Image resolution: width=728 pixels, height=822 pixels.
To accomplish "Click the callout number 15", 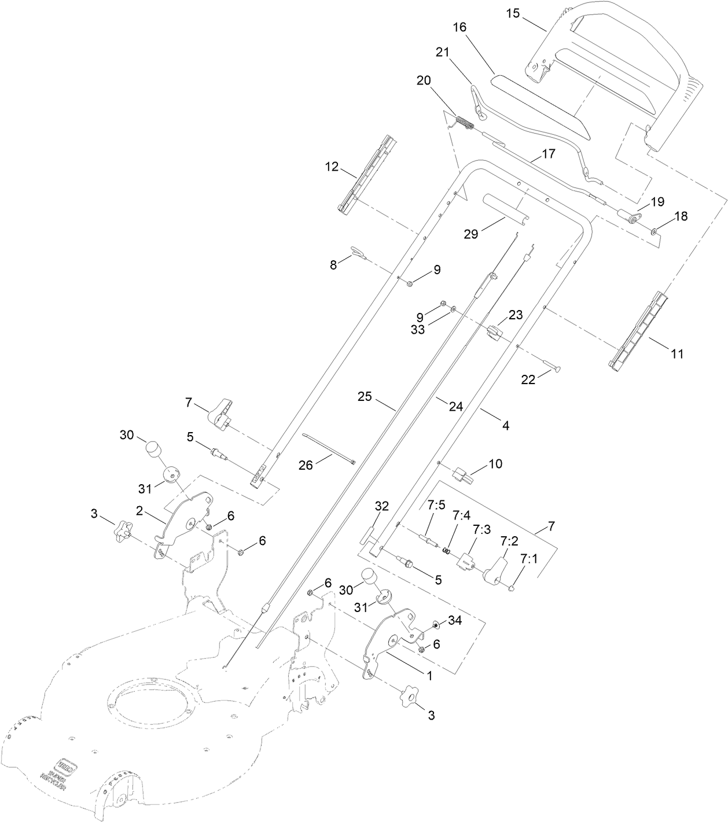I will click(x=513, y=13).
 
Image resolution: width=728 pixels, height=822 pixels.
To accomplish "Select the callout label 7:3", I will click(x=481, y=530).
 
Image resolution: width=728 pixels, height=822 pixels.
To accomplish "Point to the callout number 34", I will click(x=455, y=621).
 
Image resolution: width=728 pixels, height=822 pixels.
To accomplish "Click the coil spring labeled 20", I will click(x=465, y=122).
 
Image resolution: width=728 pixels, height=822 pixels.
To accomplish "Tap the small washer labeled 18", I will click(x=653, y=232).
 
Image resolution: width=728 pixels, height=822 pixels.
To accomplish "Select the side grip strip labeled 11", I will click(x=638, y=329).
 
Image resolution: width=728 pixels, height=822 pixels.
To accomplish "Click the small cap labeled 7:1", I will click(x=512, y=588).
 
